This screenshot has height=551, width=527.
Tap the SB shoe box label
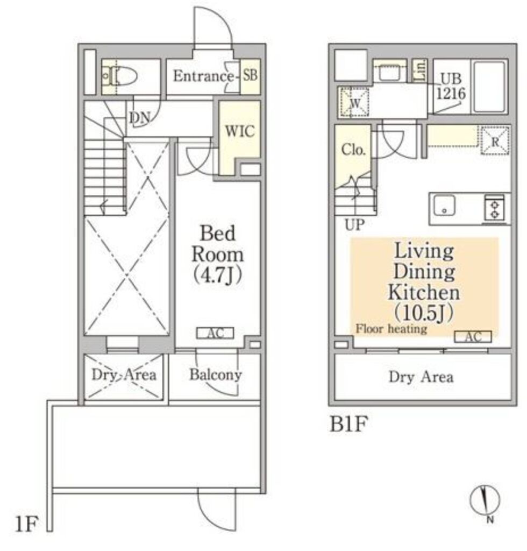click(x=251, y=75)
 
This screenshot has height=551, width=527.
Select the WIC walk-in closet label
click(x=240, y=131)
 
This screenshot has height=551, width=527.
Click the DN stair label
click(x=140, y=118)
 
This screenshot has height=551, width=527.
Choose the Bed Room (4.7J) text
click(x=217, y=254)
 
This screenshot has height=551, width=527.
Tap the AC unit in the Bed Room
click(x=215, y=333)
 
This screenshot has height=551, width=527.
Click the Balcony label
click(x=216, y=375)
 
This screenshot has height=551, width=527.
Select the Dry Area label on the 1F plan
click(x=124, y=375)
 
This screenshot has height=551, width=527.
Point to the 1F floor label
click(x=26, y=524)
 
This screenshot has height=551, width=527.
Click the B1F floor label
click(x=348, y=424)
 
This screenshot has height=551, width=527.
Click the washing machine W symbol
click(x=355, y=102)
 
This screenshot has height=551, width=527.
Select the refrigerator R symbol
click(x=495, y=140)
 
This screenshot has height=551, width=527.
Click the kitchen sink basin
click(x=444, y=205)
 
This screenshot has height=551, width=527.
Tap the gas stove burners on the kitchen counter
click(x=495, y=209)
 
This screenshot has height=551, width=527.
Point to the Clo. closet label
click(x=353, y=150)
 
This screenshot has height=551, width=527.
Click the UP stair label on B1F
click(x=354, y=225)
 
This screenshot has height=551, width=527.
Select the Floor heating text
click(x=391, y=329)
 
